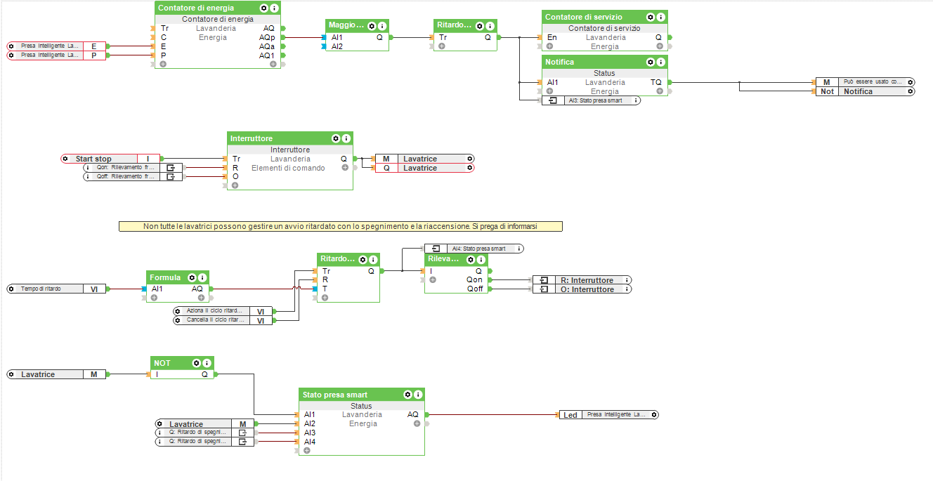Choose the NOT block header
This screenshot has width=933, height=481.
tap(162, 363)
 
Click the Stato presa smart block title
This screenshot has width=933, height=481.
tap(335, 395)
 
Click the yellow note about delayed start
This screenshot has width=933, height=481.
tap(341, 227)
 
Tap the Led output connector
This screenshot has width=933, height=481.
tap(608, 415)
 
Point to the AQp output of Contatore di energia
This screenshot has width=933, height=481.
tap(267, 37)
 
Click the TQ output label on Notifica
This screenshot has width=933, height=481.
tap(655, 82)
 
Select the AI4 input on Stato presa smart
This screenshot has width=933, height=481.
tap(310, 442)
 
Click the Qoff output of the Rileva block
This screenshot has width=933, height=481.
tap(475, 289)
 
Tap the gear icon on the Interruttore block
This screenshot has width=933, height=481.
tap(335, 138)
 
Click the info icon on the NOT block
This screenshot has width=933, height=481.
tap(208, 363)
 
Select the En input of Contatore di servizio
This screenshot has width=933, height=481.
tap(552, 37)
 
